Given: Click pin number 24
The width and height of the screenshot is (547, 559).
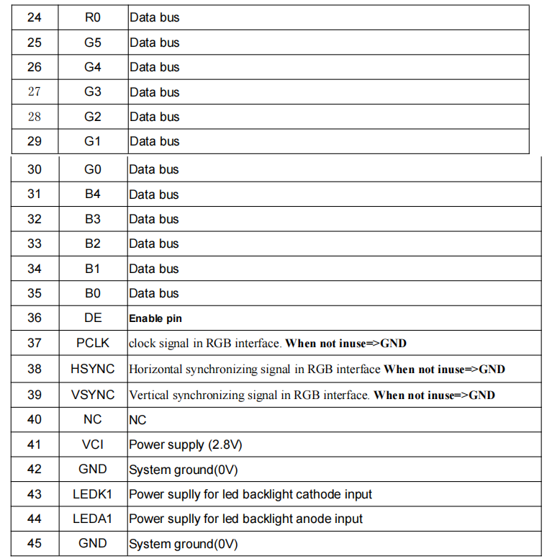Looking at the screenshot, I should point(34,17).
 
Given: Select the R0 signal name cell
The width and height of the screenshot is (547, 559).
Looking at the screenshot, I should point(92,17).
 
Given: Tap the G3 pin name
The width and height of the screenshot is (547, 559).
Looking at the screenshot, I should point(92,91).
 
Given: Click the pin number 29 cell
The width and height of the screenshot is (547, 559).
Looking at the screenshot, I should point(34,141).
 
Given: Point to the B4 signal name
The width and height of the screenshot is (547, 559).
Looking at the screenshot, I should point(92,194).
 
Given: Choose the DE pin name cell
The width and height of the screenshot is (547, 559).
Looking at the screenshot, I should point(92,318).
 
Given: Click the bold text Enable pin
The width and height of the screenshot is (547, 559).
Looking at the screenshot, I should point(156,318).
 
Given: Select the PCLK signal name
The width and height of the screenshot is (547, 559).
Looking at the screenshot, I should point(92,343).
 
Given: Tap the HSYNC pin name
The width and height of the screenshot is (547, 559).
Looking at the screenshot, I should point(92,369).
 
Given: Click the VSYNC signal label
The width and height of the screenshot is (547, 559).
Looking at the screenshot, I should point(92,395).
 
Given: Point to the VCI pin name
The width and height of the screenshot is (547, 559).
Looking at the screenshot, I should point(92,444).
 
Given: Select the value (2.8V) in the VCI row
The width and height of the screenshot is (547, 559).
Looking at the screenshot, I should point(225,444).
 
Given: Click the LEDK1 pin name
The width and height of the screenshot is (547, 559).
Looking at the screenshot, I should point(92,494).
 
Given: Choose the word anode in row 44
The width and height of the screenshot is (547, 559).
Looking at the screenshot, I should point(300,519).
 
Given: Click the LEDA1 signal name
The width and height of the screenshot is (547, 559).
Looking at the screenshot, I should point(92,519).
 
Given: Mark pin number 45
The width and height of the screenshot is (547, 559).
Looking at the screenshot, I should point(34,543).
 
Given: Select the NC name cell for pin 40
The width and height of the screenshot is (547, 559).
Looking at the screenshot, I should point(92,419).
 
